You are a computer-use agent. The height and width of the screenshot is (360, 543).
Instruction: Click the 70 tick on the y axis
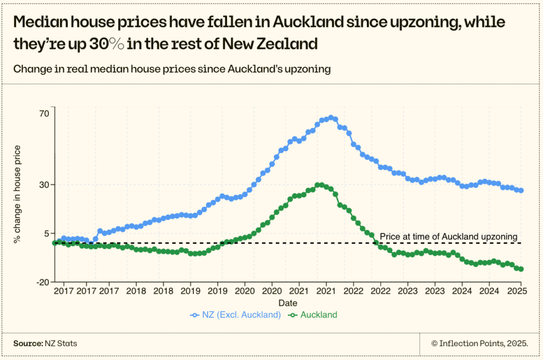43,113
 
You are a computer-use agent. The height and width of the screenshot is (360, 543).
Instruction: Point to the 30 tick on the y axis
43,185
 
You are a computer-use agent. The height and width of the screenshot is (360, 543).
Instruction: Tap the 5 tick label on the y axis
46,233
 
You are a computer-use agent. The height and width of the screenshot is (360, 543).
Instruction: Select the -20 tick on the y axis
42,282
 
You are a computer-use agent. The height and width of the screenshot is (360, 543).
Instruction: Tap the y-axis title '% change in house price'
17,194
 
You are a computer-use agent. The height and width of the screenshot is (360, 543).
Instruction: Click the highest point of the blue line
331,118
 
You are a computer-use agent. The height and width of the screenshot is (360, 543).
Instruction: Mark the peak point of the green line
318,185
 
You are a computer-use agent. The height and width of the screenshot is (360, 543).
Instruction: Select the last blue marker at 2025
521,190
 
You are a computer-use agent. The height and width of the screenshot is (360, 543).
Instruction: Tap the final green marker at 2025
521,269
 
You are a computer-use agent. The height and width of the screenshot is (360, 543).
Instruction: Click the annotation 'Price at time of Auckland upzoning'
448,236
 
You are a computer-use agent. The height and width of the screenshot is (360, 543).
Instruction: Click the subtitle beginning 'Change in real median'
172,69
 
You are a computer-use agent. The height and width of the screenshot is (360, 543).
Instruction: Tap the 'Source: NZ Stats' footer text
45,344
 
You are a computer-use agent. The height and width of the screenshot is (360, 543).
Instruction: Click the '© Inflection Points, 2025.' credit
479,344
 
